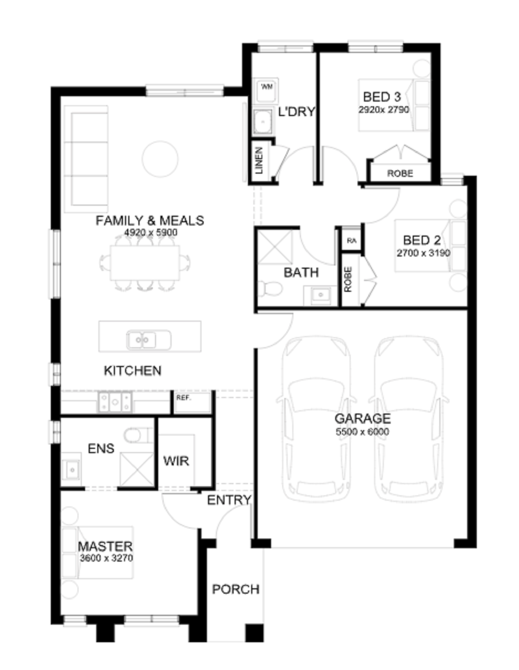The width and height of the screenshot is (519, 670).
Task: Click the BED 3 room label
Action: (382, 97)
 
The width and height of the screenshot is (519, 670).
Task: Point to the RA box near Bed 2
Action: (352, 240)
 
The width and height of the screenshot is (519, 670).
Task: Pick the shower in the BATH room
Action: (275, 247)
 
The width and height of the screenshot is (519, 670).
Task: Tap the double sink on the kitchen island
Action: (148, 340)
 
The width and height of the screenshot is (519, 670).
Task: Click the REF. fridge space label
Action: (183, 398)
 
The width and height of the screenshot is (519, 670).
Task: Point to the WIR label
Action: (176, 461)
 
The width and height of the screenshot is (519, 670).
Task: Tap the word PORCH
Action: (236, 589)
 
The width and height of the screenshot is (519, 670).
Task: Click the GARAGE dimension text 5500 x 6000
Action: (362, 432)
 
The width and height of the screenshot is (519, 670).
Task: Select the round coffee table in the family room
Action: (160, 159)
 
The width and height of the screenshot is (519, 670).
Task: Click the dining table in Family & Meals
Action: (145, 263)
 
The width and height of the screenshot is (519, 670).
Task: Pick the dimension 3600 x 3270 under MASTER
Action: (106, 558)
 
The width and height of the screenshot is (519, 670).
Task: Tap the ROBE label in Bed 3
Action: (400, 174)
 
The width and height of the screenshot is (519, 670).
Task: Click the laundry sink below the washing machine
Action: (263, 121)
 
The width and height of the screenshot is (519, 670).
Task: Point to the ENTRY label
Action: (229, 500)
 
